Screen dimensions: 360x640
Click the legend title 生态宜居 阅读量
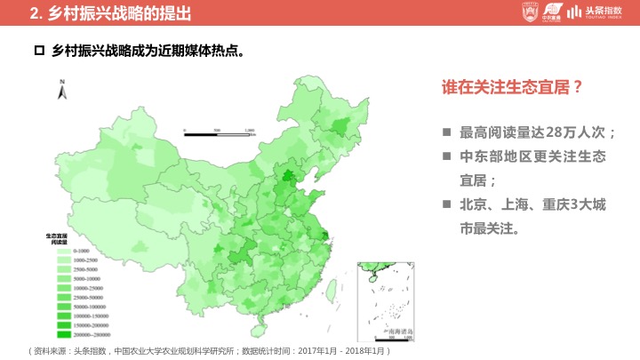point(60,238)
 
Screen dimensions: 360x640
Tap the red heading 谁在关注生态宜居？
point(512,88)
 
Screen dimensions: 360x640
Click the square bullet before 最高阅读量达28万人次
point(446,132)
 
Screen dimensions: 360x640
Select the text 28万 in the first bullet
point(558,132)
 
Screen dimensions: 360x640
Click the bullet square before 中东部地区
point(446,156)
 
